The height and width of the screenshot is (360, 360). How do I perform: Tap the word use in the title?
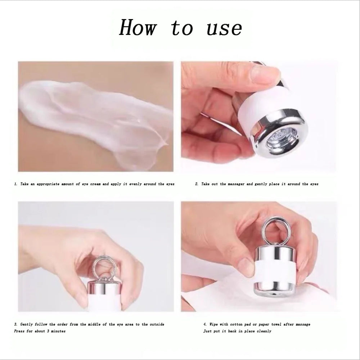coord(224,28)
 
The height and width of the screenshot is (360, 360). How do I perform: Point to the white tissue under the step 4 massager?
coord(230,295)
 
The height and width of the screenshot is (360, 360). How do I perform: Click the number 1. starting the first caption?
coord(16,184)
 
